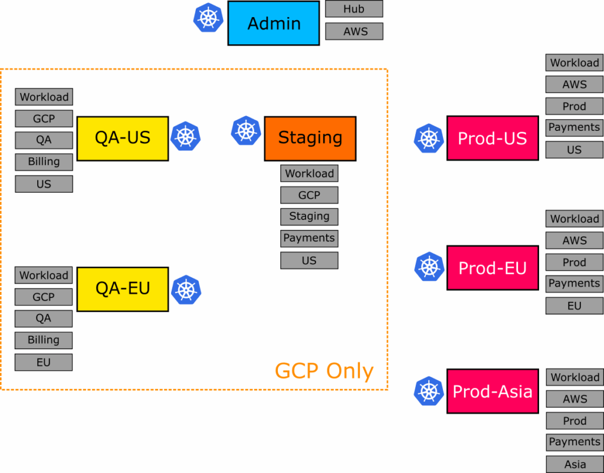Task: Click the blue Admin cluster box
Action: pyautogui.click(x=274, y=24)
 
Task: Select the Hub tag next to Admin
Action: pyautogui.click(x=354, y=9)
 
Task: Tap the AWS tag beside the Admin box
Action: pyautogui.click(x=354, y=31)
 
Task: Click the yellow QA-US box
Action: pyautogui.click(x=123, y=138)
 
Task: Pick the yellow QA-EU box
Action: pyautogui.click(x=123, y=289)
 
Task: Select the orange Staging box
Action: pyautogui.click(x=310, y=138)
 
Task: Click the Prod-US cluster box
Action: pyautogui.click(x=492, y=138)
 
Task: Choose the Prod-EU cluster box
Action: pyautogui.click(x=492, y=268)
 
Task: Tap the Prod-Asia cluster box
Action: pyautogui.click(x=492, y=392)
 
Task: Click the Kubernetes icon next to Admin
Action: pyautogui.click(x=208, y=18)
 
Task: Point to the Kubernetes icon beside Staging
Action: pyautogui.click(x=246, y=131)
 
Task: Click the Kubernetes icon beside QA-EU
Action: pyautogui.click(x=186, y=290)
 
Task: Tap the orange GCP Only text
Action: pyautogui.click(x=324, y=371)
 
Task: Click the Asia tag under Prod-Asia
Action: pyautogui.click(x=575, y=464)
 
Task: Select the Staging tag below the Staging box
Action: pyautogui.click(x=309, y=216)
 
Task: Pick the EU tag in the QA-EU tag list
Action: pyautogui.click(x=44, y=362)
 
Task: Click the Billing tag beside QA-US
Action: pyautogui.click(x=44, y=162)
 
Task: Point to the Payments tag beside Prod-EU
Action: pyautogui.click(x=575, y=284)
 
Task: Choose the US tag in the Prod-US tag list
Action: pyautogui.click(x=575, y=150)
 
